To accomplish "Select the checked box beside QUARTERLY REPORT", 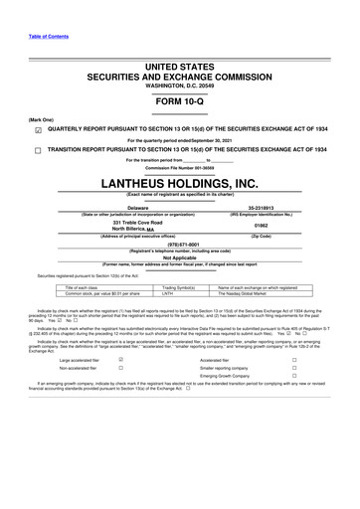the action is [37, 128].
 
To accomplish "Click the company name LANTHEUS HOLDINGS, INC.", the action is [180, 185].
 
